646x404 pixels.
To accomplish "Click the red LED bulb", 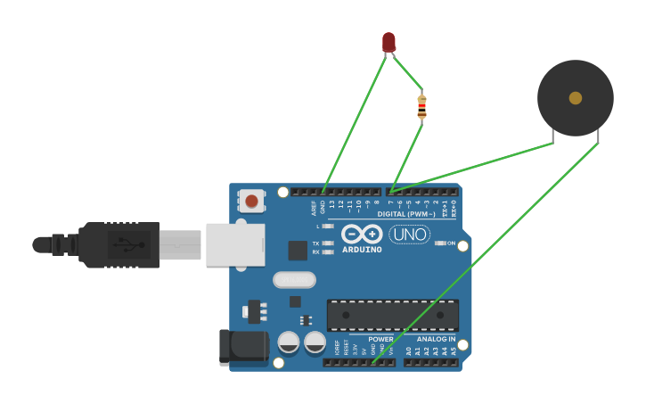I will point(388,41).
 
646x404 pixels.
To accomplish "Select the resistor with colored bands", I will point(421,106).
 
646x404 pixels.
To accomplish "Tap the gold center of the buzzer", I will point(576,98).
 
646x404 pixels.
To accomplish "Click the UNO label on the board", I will point(409,235).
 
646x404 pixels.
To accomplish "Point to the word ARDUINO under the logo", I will point(362,250).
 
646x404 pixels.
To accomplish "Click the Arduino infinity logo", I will point(362,234).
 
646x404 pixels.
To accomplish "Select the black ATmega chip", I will point(392,315).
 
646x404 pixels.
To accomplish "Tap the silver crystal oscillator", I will point(294,280).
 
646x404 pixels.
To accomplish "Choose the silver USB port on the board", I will point(235,244).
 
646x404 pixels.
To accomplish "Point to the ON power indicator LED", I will point(440,243).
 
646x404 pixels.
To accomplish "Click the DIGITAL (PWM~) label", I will point(406,214).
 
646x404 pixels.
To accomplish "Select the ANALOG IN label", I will point(436,339).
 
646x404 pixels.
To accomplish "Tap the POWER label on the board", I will point(380,339).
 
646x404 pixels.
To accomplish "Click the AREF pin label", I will point(314,208).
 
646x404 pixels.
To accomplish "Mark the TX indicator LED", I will point(328,243).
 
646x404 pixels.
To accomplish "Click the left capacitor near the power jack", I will point(289,342).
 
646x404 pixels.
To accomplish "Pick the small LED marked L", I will point(328,226).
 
